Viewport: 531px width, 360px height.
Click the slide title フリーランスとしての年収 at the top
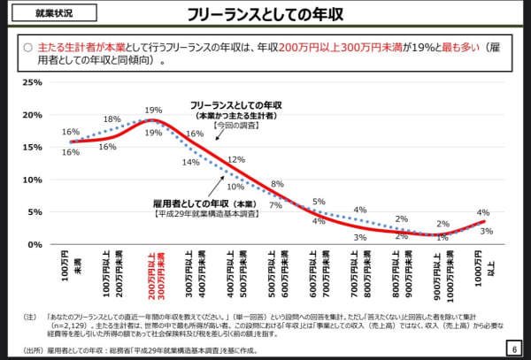pyautogui.click(x=265, y=15)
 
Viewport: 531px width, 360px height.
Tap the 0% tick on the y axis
pyautogui.click(x=35, y=244)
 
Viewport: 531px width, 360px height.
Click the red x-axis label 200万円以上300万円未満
pyautogui.click(x=156, y=275)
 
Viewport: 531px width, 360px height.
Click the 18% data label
pyautogui.click(x=112, y=119)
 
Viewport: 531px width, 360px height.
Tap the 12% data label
pyautogui.click(x=235, y=159)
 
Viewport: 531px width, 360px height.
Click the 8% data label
pyautogui.click(x=277, y=184)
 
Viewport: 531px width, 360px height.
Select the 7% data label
pyautogui.click(x=275, y=205)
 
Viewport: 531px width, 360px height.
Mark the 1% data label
pyautogui.click(x=442, y=238)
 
